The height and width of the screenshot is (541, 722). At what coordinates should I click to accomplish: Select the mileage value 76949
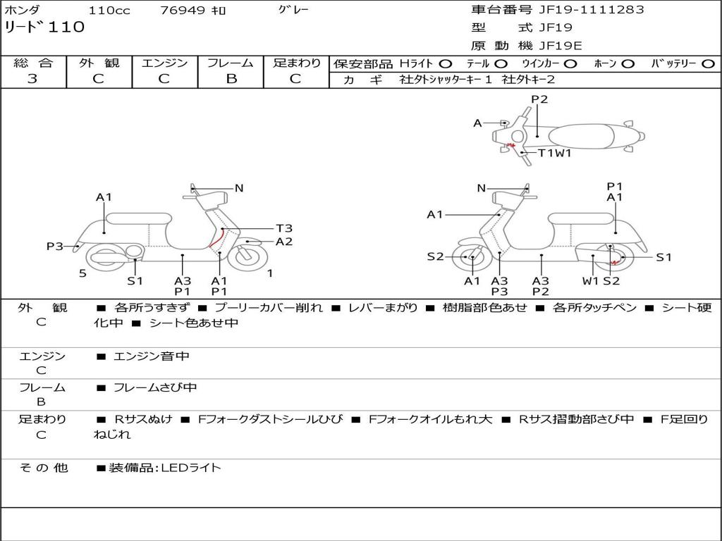183,11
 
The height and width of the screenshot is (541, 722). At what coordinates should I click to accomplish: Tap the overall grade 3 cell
32,79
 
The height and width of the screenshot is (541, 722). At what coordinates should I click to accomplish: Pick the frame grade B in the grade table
231,79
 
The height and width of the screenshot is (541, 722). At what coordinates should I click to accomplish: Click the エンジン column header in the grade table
164,63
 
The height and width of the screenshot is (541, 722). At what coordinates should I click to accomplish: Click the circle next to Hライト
446,63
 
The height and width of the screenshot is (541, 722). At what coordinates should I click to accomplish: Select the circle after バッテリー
707,63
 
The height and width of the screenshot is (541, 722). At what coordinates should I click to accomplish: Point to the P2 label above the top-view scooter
539,99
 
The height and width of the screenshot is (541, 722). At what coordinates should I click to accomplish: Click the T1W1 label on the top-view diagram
554,153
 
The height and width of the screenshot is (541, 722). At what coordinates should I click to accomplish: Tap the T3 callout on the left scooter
283,228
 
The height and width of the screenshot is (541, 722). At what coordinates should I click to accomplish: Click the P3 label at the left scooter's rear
55,246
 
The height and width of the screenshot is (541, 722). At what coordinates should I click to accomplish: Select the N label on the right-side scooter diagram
482,188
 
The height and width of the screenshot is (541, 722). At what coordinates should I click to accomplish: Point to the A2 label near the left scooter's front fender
283,242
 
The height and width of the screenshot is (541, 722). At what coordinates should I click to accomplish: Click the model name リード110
44,27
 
